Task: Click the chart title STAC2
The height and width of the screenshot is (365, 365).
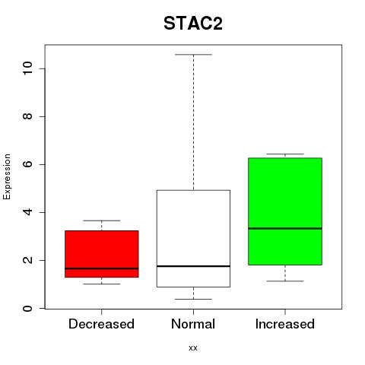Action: click(x=193, y=24)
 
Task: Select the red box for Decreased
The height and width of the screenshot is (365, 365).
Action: click(x=102, y=254)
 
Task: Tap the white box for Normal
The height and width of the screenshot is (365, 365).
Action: click(x=193, y=238)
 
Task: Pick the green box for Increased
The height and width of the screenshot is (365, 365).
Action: click(x=285, y=211)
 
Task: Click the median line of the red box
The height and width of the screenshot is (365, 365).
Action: click(x=102, y=268)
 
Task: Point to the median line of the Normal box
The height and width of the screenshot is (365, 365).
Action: click(x=193, y=266)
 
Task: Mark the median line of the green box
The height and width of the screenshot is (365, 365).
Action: click(x=285, y=228)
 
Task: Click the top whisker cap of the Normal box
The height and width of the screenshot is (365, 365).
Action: click(x=193, y=55)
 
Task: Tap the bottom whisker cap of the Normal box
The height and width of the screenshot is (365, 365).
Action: click(x=193, y=299)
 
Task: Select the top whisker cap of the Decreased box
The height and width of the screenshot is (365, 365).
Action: click(x=102, y=221)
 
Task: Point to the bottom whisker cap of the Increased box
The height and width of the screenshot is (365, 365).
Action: click(x=285, y=281)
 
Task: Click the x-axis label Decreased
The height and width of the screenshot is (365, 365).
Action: click(x=101, y=324)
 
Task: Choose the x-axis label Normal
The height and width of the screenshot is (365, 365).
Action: click(x=193, y=324)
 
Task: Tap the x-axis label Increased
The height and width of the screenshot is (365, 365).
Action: click(x=285, y=324)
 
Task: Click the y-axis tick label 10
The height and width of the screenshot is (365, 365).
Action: click(x=27, y=68)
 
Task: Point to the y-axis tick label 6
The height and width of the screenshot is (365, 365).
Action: click(x=27, y=164)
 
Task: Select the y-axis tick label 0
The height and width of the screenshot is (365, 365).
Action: click(x=27, y=308)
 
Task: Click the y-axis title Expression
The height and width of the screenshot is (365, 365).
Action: click(x=7, y=176)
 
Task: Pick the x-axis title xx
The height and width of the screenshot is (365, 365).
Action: click(x=193, y=348)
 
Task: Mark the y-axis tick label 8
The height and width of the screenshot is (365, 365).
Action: click(x=27, y=116)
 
